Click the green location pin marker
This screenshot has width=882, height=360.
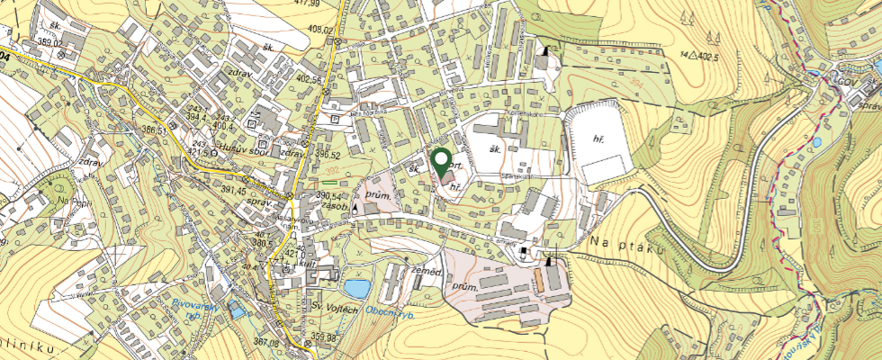tap(441, 161)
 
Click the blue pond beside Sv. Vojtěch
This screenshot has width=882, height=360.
tap(357, 289)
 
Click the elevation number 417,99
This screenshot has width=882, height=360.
tap(307, 4)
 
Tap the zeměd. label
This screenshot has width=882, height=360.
tap(425, 270)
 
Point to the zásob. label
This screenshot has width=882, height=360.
tap(333, 206)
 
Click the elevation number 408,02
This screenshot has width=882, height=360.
tap(319, 30)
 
